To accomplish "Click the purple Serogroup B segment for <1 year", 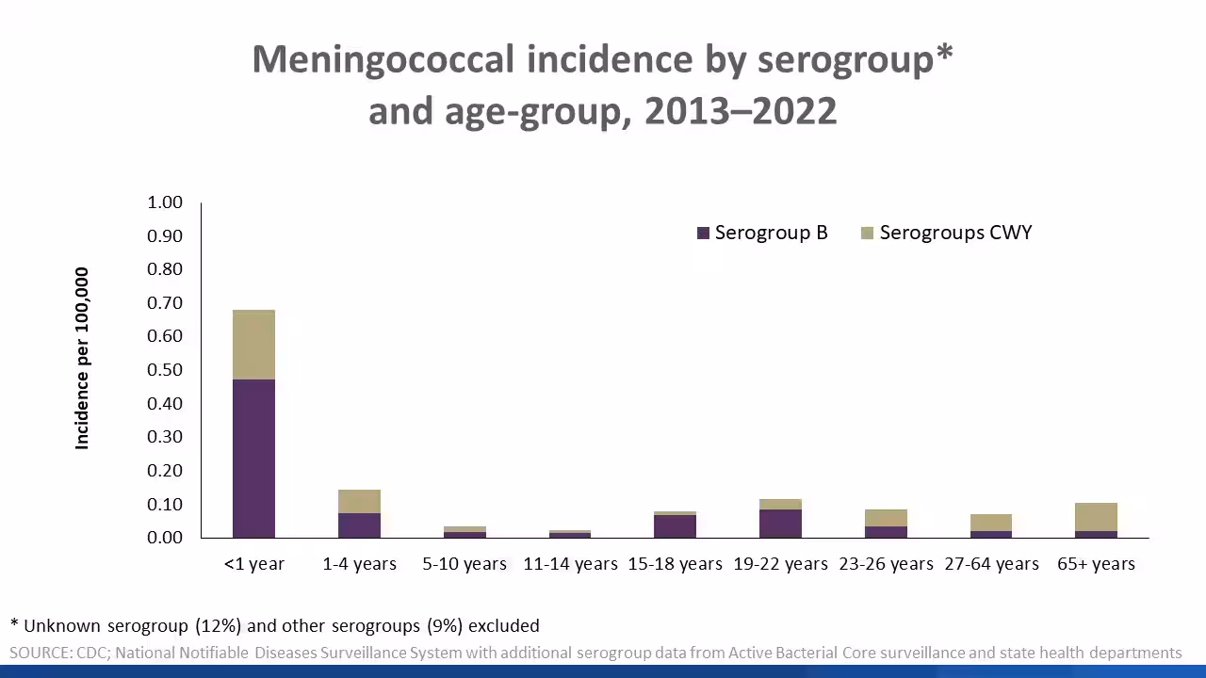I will click(x=253, y=459).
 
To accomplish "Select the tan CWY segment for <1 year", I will click(x=253, y=345).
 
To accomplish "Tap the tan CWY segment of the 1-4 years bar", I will click(x=359, y=501).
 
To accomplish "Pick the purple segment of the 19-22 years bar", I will click(x=780, y=524).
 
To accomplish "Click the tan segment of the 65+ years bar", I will click(x=1096, y=517).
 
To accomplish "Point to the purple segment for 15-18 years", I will click(x=675, y=526).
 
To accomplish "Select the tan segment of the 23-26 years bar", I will click(x=886, y=518).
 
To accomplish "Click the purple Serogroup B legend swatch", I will click(x=703, y=234).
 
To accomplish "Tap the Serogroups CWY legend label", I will click(x=955, y=233).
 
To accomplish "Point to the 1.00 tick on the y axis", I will click(x=165, y=202).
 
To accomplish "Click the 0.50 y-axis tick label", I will click(x=165, y=370).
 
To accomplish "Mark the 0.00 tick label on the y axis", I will click(x=165, y=538).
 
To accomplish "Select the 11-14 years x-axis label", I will click(x=570, y=564).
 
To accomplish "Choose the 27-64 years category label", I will click(x=991, y=564).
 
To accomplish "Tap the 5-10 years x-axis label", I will click(x=464, y=564).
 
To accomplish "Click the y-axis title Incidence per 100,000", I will click(x=83, y=359).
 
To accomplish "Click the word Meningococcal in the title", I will click(x=383, y=59).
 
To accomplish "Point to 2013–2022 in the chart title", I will click(x=741, y=111).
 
